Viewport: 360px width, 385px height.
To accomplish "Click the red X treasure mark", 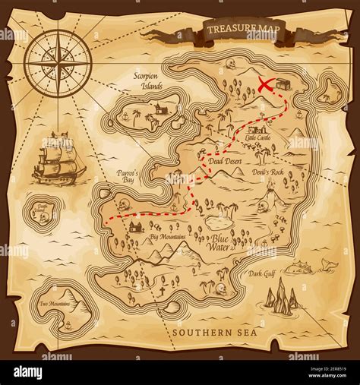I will click(266, 85).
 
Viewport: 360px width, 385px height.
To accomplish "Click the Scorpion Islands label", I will click(147, 82).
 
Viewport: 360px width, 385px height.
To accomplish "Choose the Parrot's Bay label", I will click(127, 177).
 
